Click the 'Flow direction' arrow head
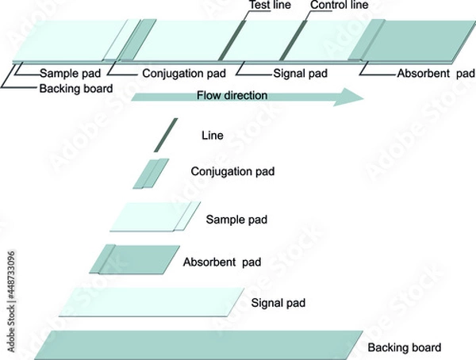click(352, 97)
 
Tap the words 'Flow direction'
click(232, 95)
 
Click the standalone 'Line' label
click(213, 136)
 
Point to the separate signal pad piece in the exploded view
click(149, 302)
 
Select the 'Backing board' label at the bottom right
click(404, 348)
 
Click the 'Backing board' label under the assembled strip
click(75, 88)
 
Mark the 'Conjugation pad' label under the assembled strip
click(184, 74)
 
